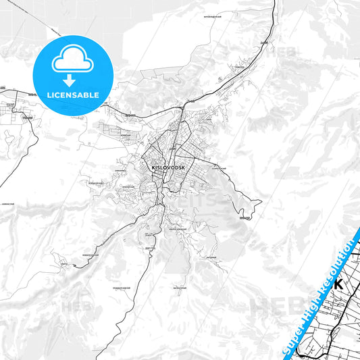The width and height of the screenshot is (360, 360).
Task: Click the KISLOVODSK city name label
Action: tap(169, 167)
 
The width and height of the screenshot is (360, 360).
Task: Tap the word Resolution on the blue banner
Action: tap(338, 264)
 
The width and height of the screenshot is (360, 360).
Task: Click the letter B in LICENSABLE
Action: tap(88, 95)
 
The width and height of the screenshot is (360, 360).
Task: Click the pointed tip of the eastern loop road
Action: tap(261, 201)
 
